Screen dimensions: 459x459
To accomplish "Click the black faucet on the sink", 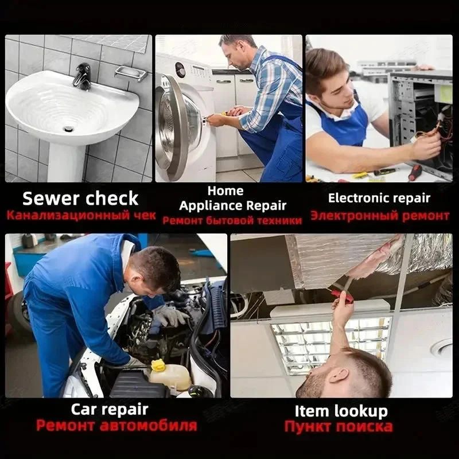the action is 83,76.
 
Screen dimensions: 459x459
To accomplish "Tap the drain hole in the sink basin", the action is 68,128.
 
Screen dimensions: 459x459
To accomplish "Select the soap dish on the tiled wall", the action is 131,73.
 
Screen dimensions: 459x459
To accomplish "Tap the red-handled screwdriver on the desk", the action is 415,172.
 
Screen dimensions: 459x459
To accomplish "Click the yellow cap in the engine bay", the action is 159,365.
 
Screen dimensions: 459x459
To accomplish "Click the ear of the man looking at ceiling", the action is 338,376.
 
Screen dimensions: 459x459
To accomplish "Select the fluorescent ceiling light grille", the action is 331,345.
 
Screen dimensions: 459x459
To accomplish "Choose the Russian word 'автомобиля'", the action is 149,425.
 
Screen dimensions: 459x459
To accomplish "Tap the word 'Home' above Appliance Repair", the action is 225,191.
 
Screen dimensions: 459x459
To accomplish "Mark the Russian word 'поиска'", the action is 364,426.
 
